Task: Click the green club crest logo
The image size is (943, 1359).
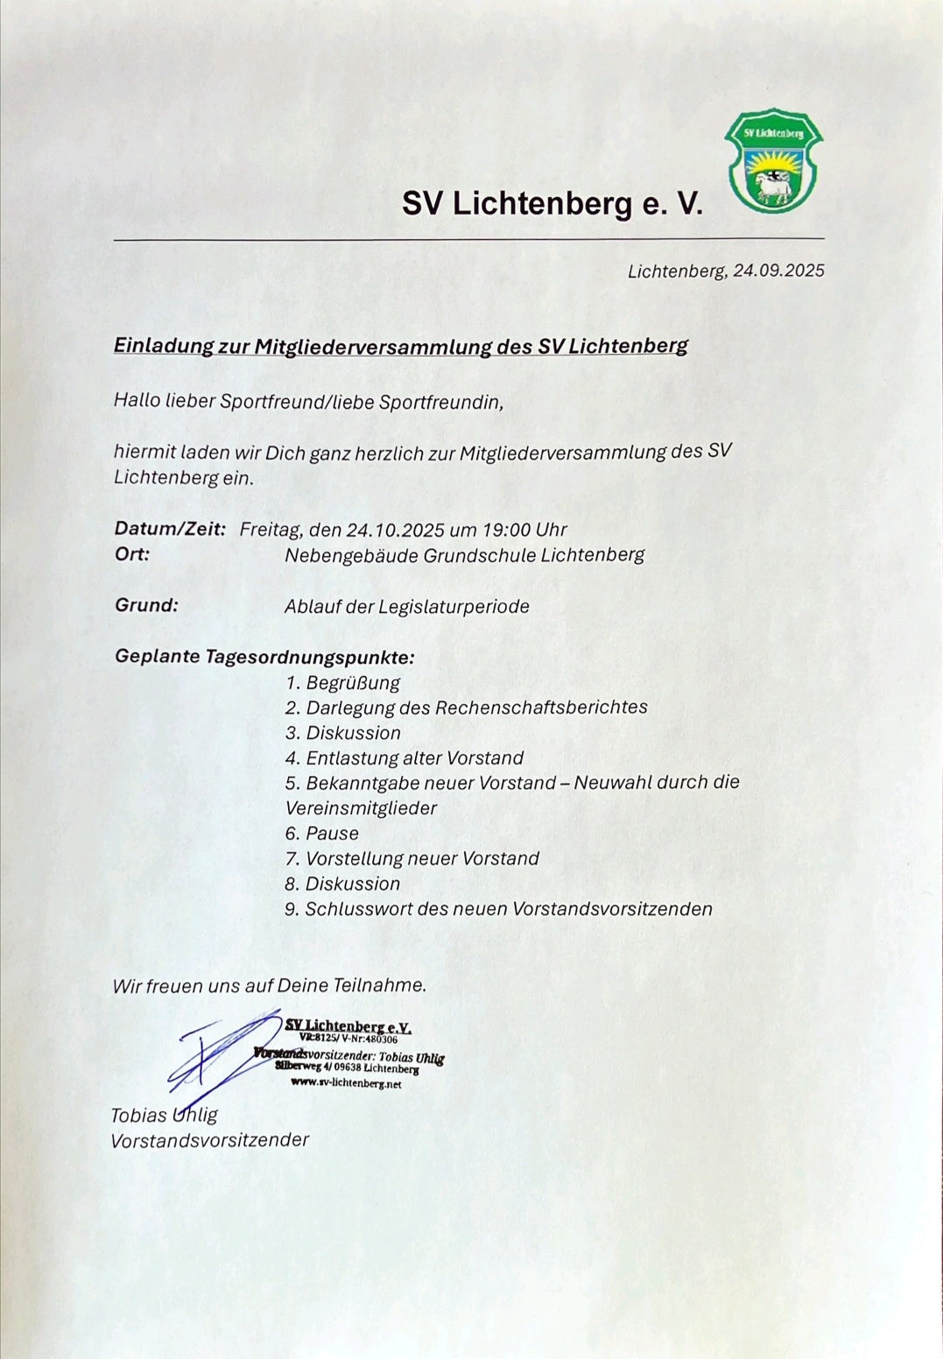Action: point(774,161)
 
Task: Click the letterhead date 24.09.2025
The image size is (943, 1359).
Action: point(778,271)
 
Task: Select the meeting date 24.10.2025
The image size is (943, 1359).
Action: point(395,530)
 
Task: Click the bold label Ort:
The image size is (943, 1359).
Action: point(132,554)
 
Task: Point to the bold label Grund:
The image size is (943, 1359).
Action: point(146,605)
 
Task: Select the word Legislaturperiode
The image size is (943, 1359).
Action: point(454,607)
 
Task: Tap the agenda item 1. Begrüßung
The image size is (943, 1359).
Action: point(342,682)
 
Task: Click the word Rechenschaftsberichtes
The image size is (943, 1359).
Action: point(541,708)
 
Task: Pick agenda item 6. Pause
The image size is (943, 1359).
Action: point(321,834)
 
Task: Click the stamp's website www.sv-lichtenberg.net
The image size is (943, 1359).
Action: point(346,1083)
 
